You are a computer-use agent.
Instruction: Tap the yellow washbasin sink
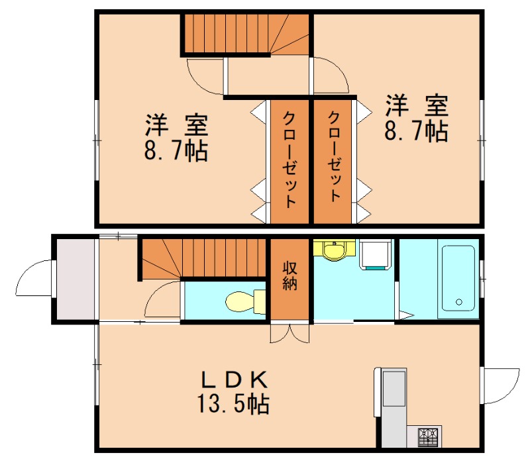pyautogui.click(x=335, y=251)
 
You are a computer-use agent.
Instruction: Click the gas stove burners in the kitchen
pyautogui.click(x=427, y=436)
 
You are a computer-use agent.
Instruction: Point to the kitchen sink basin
pyautogui.click(x=396, y=389)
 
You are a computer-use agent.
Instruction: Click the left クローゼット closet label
pyautogui.click(x=290, y=160)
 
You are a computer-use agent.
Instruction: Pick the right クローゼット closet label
pyautogui.click(x=334, y=157)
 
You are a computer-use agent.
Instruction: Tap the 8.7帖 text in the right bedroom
pyautogui.click(x=416, y=130)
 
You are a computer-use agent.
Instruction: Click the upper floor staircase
pyautogui.click(x=245, y=34)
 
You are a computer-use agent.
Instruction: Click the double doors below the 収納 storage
pyautogui.click(x=290, y=332)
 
